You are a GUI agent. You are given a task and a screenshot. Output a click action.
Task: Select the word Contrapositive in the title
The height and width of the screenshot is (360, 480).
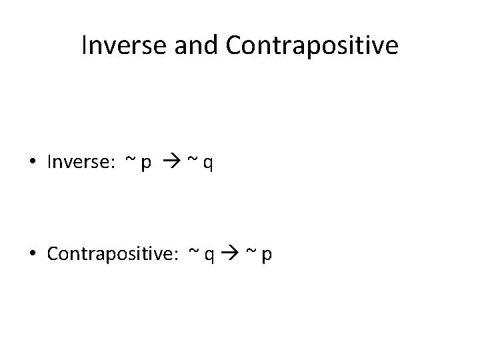[x=312, y=45]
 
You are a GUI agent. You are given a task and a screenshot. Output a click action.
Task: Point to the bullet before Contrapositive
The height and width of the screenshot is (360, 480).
[x=35, y=254]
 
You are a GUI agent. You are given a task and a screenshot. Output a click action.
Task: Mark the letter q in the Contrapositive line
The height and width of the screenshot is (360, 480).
[x=209, y=255]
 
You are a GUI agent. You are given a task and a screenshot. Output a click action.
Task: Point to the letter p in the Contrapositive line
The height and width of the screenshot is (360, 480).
[x=267, y=255]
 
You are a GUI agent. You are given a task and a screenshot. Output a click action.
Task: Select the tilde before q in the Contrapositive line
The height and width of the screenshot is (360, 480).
[x=194, y=252]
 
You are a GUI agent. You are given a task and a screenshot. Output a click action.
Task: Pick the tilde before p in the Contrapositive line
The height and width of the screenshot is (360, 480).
[x=252, y=252]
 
